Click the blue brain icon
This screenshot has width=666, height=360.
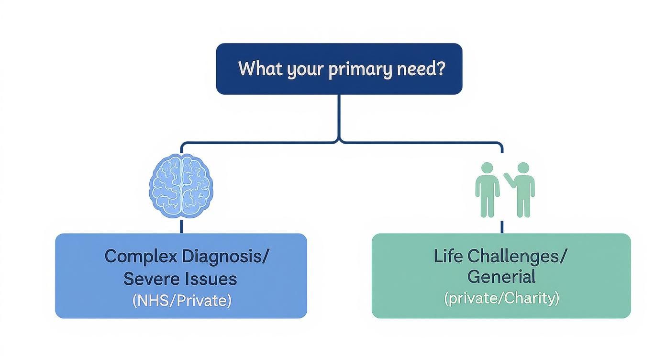(181, 187)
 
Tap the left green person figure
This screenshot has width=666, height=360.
(487, 190)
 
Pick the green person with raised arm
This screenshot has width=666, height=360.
(522, 190)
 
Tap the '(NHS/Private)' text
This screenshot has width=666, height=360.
(181, 301)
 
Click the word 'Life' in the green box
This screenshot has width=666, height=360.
(448, 257)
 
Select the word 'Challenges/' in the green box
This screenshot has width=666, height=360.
(517, 257)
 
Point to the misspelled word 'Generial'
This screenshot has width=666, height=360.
(501, 277)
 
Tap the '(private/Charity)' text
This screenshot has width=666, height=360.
(501, 298)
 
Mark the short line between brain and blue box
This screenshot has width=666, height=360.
(181, 226)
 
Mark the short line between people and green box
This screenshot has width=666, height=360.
(502, 226)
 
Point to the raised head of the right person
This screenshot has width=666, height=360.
(523, 168)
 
